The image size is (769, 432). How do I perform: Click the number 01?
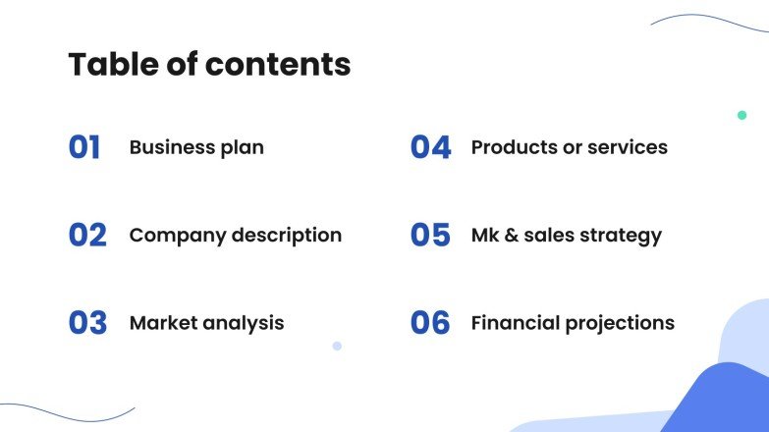click(x=84, y=148)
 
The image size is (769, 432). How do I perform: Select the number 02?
click(x=87, y=236)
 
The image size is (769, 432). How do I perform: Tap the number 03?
click(x=87, y=323)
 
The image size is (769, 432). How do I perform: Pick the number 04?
click(x=430, y=148)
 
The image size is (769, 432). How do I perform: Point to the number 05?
click(x=430, y=236)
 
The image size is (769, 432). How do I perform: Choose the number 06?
click(x=430, y=323)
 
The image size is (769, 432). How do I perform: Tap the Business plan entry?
click(x=196, y=148)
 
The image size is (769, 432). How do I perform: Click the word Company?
click(x=170, y=236)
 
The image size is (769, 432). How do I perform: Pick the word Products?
click(x=511, y=148)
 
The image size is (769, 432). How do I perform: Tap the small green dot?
click(x=742, y=115)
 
